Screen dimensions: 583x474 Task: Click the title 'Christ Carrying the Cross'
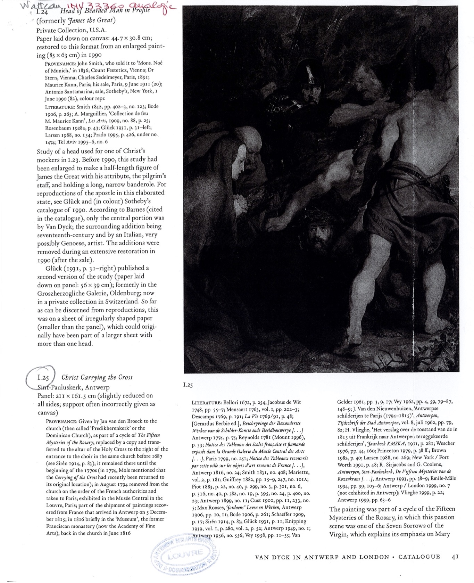point(97,377)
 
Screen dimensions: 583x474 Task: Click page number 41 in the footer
point(455,557)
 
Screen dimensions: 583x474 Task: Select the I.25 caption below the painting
point(188,385)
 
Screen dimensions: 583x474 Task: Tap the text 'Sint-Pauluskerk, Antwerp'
point(73,387)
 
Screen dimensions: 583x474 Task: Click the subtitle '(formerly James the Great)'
point(76,20)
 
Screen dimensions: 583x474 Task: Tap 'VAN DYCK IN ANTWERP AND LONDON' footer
point(322,557)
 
